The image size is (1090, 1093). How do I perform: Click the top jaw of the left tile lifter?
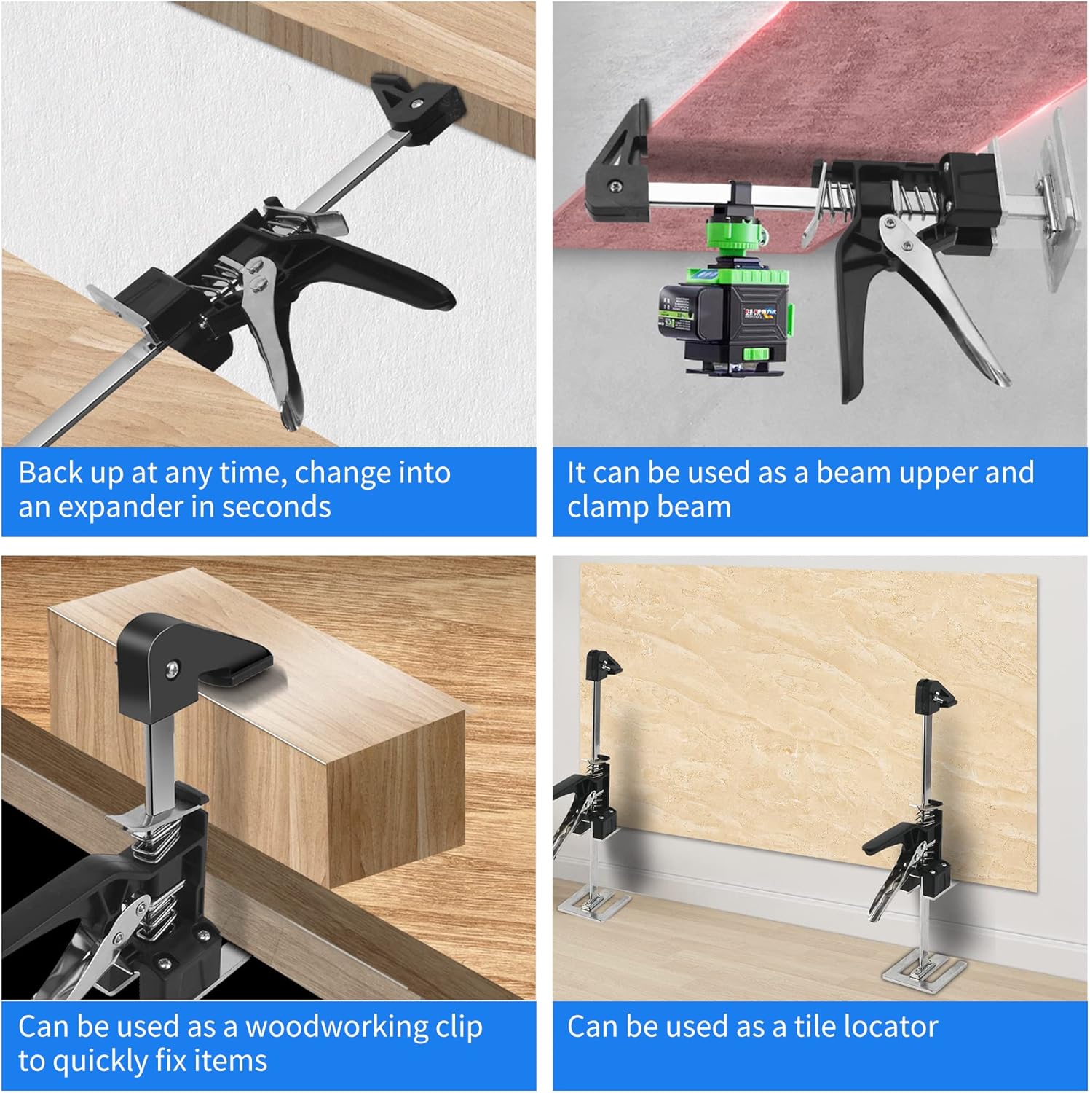603,663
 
